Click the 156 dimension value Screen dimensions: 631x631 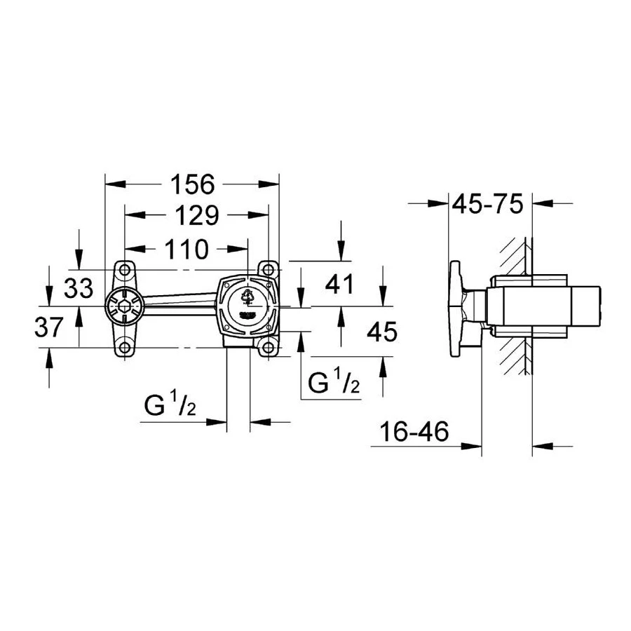192,184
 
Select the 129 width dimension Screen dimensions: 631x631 196,215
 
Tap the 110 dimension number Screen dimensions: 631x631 186,248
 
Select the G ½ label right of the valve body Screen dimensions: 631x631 334,382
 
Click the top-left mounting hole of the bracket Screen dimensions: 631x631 125,270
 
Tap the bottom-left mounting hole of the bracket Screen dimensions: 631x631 125,348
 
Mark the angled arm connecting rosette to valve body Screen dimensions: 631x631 181,303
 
